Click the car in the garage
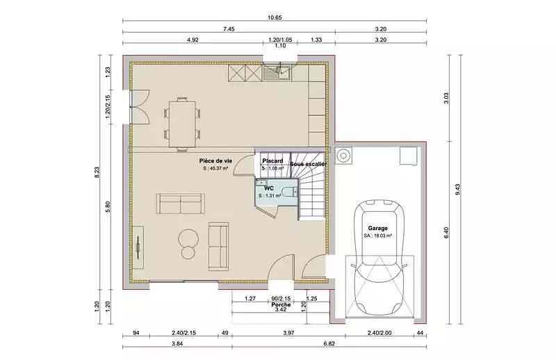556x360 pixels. (x=379, y=258)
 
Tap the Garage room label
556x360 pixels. (x=377, y=229)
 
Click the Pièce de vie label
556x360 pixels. (x=215, y=161)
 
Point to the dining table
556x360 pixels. (x=182, y=124)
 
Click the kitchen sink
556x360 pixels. (x=277, y=73)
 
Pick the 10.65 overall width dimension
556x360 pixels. (x=275, y=17)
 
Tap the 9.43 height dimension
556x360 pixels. (x=458, y=189)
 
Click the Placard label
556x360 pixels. (x=272, y=161)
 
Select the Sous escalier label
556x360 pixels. (x=308, y=164)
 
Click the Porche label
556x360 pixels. (x=281, y=304)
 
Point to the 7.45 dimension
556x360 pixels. (x=229, y=29)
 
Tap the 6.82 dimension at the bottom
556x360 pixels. (x=329, y=344)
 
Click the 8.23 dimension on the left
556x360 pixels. (x=97, y=172)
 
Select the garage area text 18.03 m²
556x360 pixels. (x=377, y=236)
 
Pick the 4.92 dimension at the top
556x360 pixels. (x=193, y=40)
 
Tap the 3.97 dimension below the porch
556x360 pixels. (x=288, y=333)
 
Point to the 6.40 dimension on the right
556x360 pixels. (x=446, y=233)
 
